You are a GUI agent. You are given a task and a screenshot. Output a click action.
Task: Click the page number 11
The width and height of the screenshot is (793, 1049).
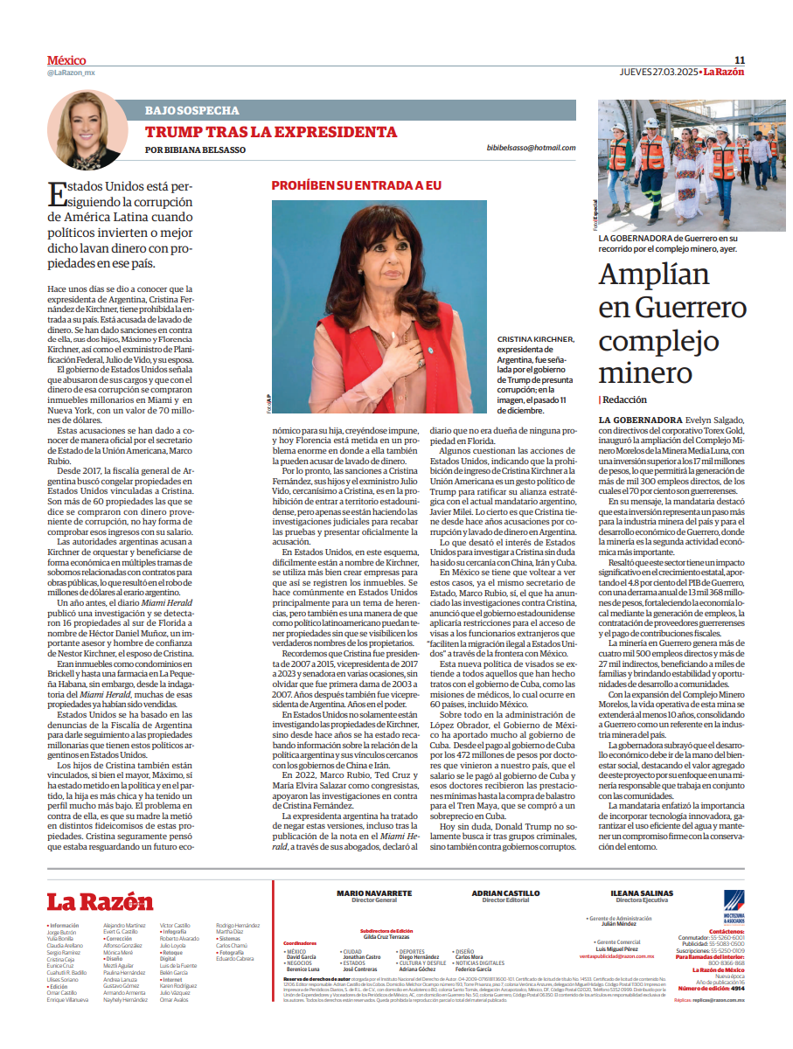tap(739, 60)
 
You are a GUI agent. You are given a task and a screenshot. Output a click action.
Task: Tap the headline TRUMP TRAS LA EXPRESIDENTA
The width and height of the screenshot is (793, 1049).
tap(271, 132)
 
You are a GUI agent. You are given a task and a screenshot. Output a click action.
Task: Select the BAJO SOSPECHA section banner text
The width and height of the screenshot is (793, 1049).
tap(191, 111)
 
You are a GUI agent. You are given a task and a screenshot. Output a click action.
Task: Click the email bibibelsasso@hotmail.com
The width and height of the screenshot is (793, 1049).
tap(531, 149)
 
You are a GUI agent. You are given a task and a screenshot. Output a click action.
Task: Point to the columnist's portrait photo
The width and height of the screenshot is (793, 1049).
tap(88, 130)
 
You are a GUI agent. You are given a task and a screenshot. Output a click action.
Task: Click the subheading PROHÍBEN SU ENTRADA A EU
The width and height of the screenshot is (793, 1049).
tap(357, 186)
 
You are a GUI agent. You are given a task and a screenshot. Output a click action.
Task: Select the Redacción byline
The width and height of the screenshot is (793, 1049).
tap(625, 399)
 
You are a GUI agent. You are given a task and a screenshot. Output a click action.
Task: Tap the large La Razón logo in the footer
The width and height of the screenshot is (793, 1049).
tap(100, 902)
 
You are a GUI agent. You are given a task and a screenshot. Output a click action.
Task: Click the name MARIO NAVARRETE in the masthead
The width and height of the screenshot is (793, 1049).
tap(374, 893)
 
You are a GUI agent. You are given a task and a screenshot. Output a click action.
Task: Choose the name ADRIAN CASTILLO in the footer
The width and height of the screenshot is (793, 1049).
tap(505, 893)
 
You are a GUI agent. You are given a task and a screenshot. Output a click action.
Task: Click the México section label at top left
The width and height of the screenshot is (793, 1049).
tap(66, 60)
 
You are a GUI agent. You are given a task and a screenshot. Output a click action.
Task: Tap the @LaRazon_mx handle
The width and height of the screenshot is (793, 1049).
tap(71, 73)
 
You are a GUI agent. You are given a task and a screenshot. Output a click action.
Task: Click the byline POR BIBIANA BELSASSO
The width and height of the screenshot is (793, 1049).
tap(195, 149)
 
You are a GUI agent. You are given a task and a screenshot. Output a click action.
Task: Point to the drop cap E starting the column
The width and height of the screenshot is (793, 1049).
tap(59, 195)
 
